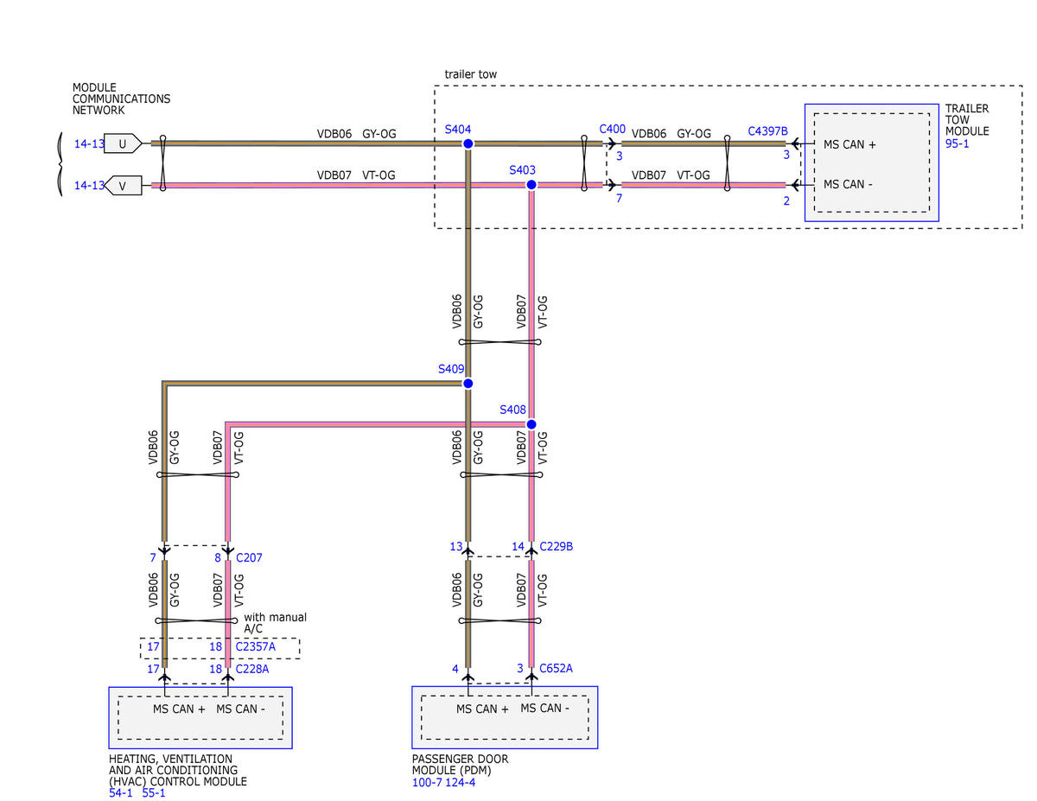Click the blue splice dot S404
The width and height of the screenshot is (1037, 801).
[x=468, y=143]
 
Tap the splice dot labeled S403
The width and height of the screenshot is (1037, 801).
[x=531, y=185]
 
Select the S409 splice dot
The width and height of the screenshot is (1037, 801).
[x=468, y=383]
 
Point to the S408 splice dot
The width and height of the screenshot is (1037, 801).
[x=531, y=424]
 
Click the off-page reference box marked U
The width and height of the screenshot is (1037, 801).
[x=123, y=143]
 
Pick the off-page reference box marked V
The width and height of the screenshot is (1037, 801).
[x=123, y=186]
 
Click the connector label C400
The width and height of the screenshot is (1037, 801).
[x=613, y=129]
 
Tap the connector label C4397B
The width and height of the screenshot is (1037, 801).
[x=767, y=131]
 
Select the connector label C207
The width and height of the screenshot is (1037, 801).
[x=249, y=557]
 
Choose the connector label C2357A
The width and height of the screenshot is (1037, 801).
[x=255, y=646]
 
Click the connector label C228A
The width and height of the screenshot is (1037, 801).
[x=252, y=669]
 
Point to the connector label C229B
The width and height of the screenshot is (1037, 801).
[x=556, y=546]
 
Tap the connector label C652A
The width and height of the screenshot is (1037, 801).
[x=556, y=669]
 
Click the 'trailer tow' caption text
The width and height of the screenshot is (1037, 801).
[x=471, y=74]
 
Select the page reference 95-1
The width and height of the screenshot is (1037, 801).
[x=957, y=143]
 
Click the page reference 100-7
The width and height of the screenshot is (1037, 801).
[x=427, y=782]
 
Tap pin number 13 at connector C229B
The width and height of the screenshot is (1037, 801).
[x=455, y=546]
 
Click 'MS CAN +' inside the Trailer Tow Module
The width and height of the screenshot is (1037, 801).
[x=849, y=144]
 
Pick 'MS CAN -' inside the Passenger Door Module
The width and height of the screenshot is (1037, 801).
[x=544, y=708]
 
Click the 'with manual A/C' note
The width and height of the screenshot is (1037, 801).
[x=275, y=623]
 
